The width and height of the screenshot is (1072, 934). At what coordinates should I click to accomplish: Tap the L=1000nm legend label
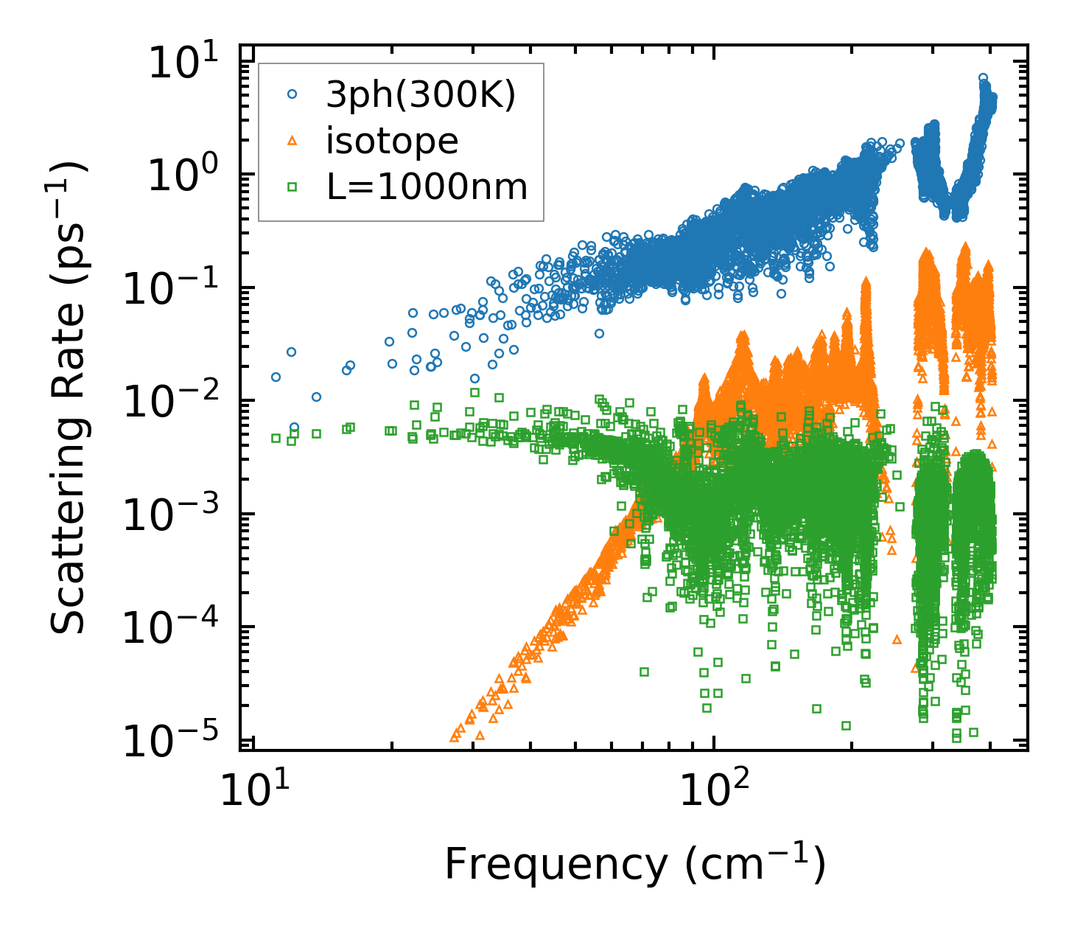coord(427,187)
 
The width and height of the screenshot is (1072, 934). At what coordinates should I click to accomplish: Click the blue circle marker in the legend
coord(292,94)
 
